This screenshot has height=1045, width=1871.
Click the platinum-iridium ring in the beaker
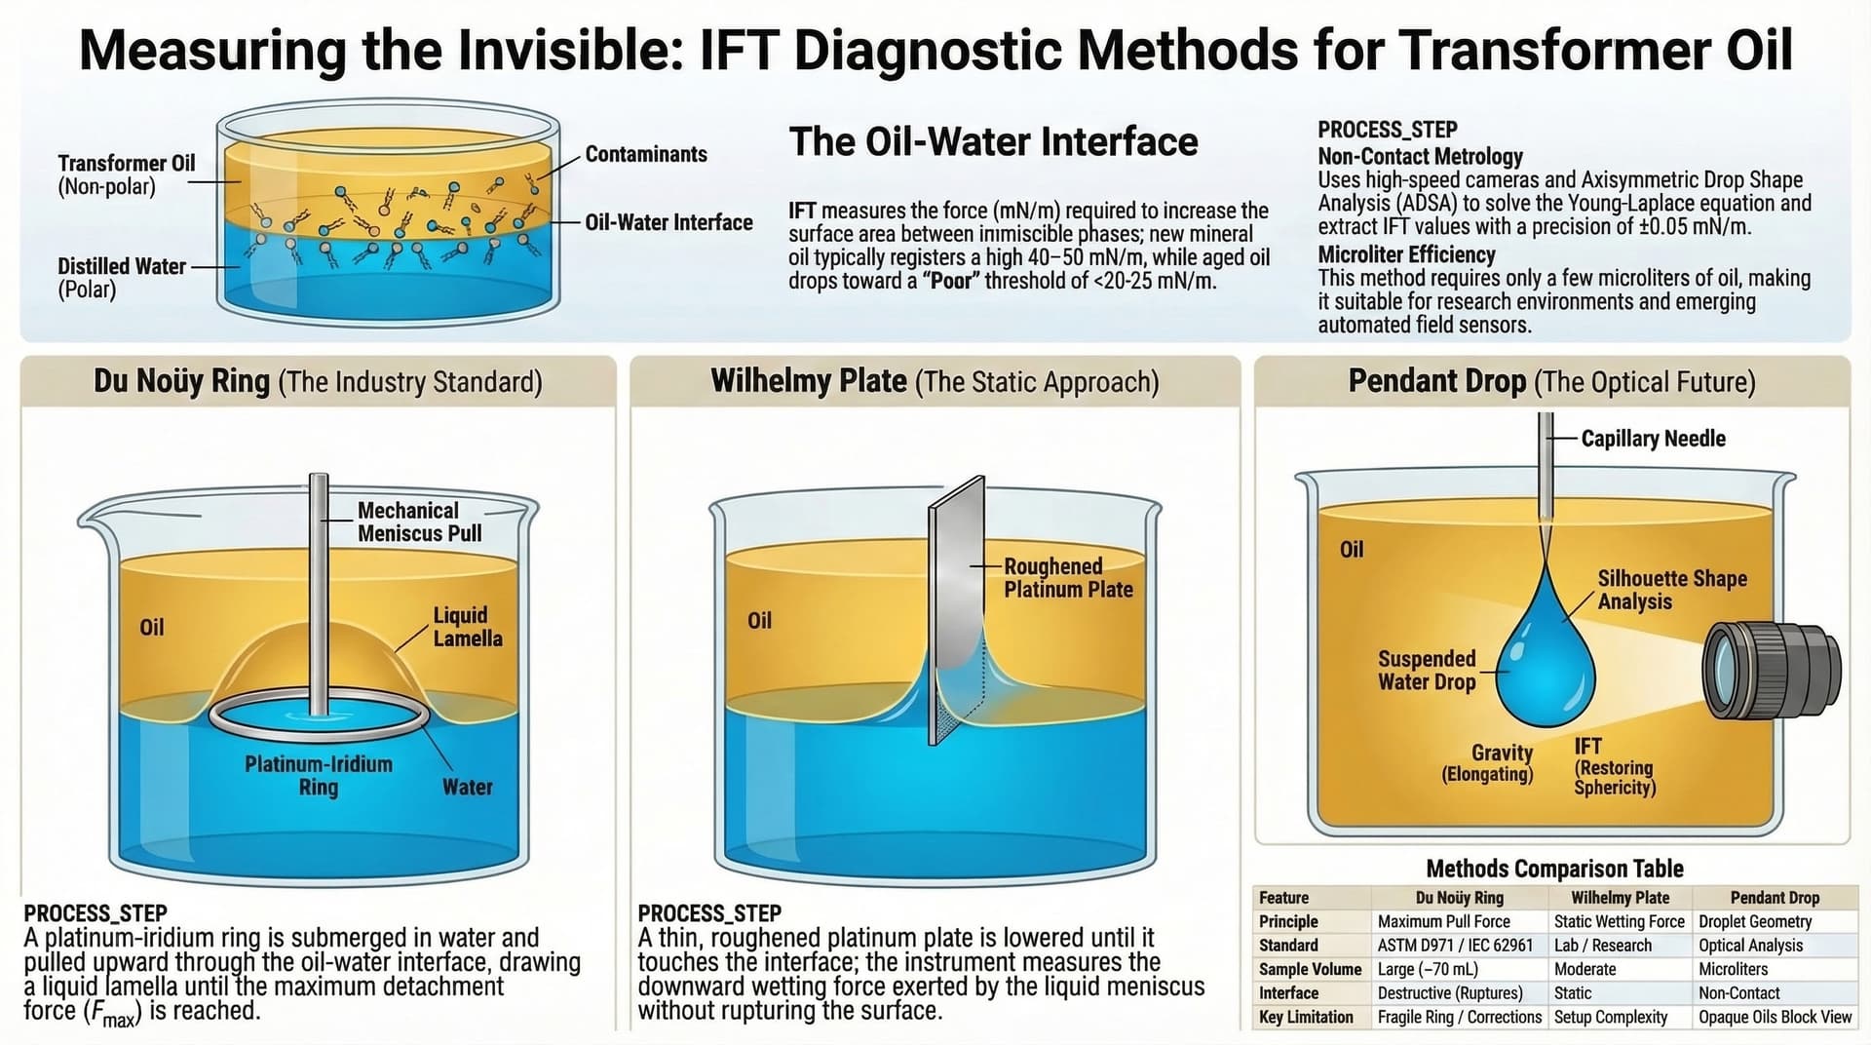point(319,718)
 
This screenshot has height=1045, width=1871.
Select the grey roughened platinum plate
point(957,610)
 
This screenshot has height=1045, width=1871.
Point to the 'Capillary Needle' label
point(1653,439)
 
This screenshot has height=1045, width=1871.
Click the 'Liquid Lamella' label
point(468,627)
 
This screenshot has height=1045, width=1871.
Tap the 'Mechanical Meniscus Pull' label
point(419,522)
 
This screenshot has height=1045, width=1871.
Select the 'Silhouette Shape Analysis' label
point(1671,590)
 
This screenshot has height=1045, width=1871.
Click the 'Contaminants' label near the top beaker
point(646,154)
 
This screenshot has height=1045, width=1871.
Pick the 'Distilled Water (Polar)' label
point(122,278)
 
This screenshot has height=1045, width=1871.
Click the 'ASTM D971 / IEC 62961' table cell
point(1455,946)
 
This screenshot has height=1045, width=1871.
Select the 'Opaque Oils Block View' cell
point(1775,1017)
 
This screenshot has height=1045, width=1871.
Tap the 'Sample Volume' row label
point(1310,969)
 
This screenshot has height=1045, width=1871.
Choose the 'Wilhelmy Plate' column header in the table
point(1620,898)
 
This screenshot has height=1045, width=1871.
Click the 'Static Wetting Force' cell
point(1619,921)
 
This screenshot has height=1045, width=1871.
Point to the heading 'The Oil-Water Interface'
point(993,141)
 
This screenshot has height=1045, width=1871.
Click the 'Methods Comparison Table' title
point(1554,869)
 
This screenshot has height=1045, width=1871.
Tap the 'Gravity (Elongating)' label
point(1487,763)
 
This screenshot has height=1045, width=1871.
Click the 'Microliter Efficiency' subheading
point(1406,255)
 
